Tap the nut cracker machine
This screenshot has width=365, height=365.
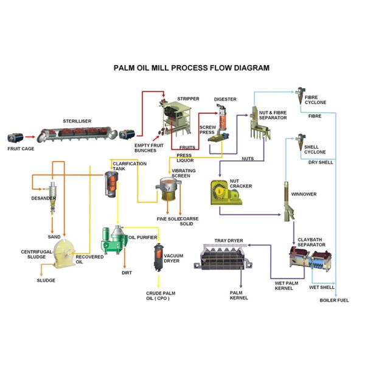pyautogui.click(x=226, y=194)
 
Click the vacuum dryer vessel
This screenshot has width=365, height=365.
pyautogui.click(x=158, y=259)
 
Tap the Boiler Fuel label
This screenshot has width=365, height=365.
pyautogui.click(x=334, y=300)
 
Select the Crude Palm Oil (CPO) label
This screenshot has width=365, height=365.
pyautogui.click(x=161, y=296)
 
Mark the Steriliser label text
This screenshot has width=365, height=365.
pyautogui.click(x=77, y=121)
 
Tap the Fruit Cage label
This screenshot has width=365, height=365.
pyautogui.click(x=22, y=148)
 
